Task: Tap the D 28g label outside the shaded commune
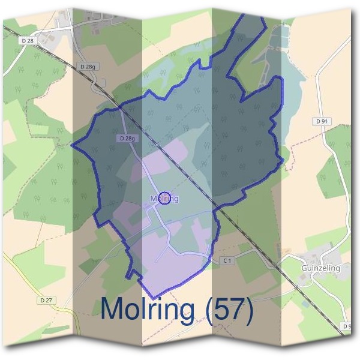click(x=86, y=66)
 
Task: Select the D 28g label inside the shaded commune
click(x=126, y=138)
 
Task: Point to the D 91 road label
click(x=322, y=121)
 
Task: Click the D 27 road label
click(x=46, y=299)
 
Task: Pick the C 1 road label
click(x=227, y=260)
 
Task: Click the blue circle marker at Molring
click(x=164, y=198)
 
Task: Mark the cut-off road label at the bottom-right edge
click(x=347, y=326)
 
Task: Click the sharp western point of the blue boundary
click(x=73, y=145)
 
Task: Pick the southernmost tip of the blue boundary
click(x=154, y=298)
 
